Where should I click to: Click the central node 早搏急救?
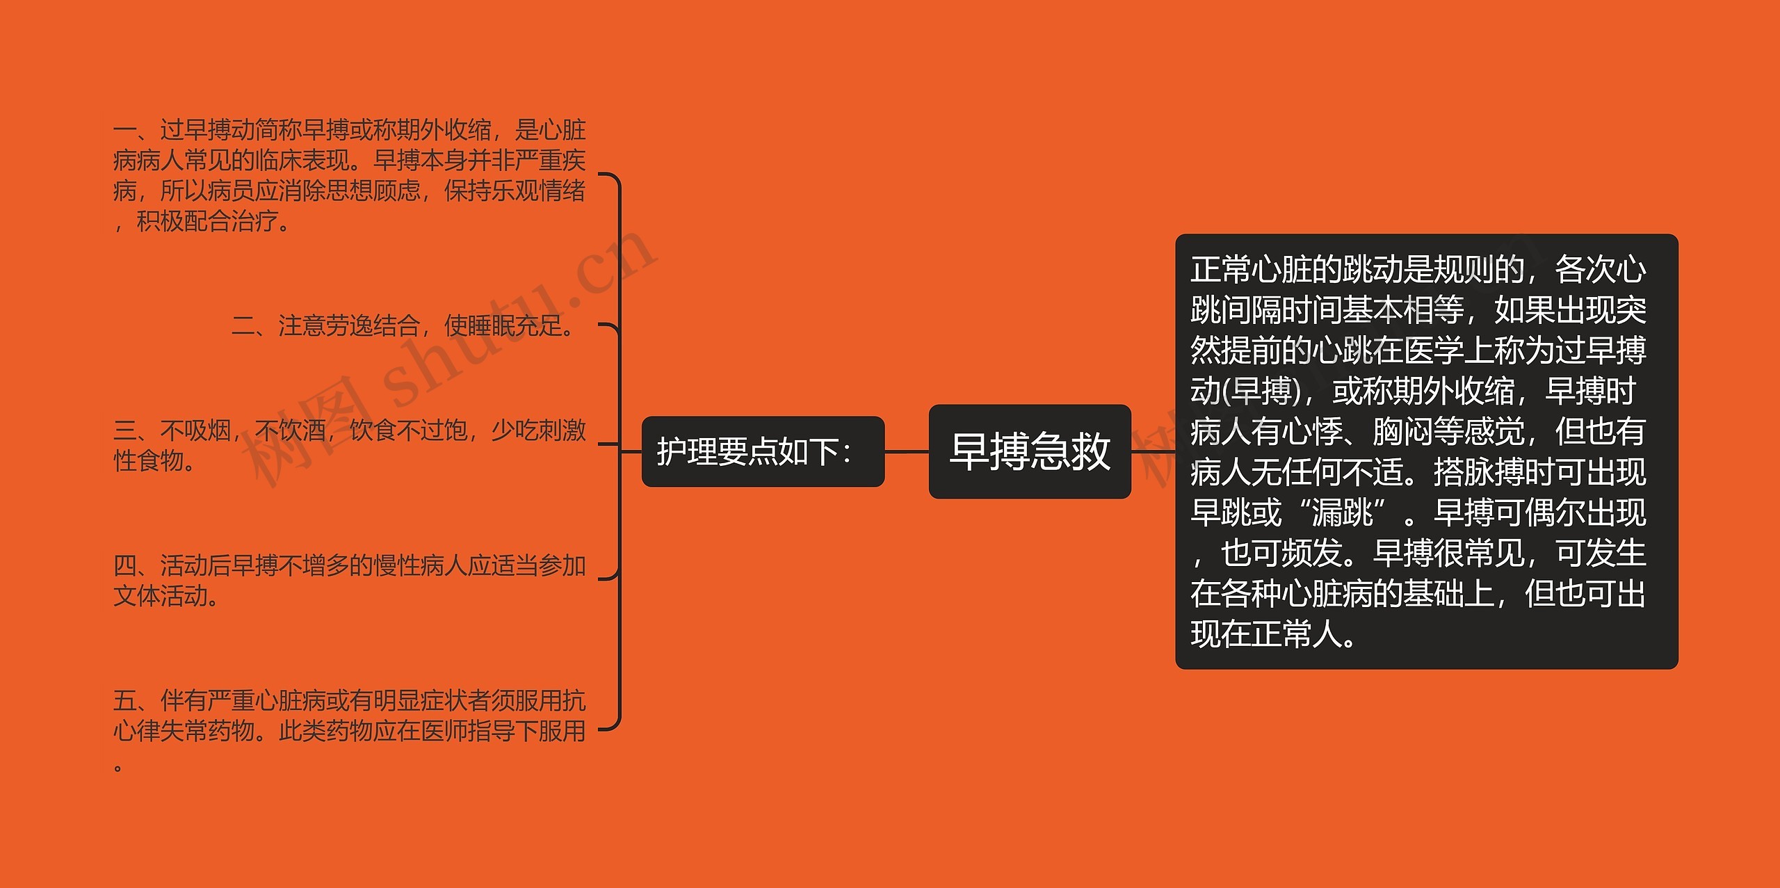[x=1030, y=451]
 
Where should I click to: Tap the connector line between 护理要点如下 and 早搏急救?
[x=907, y=451]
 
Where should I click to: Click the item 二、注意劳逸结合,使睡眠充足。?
[x=403, y=325]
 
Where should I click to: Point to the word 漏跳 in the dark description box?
[x=1342, y=513]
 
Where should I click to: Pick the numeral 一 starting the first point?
[x=125, y=130]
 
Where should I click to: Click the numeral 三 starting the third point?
[x=125, y=430]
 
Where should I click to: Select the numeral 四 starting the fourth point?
[x=125, y=565]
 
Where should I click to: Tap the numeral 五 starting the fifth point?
[x=125, y=700]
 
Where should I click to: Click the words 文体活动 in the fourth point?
[x=160, y=596]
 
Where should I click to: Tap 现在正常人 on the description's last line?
[x=1265, y=634]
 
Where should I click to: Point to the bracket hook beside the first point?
[x=610, y=177]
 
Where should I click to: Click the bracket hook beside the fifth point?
[x=610, y=727]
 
